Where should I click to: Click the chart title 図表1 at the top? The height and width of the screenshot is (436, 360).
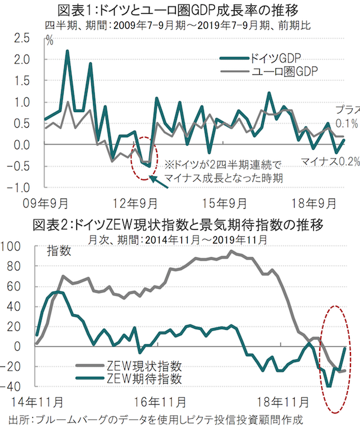pos(180,10)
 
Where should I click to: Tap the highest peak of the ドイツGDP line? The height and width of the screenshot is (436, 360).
pos(67,51)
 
